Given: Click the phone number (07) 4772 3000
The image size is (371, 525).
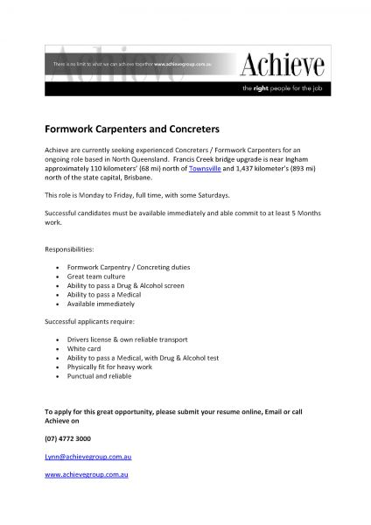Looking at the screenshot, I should tap(67, 438).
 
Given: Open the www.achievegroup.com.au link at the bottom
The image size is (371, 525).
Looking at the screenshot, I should tap(87, 474).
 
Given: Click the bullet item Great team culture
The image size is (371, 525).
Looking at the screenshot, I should tap(96, 276).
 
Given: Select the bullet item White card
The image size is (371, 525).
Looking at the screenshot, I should tap(84, 349).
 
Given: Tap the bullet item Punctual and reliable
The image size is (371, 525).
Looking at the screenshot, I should tap(98, 376).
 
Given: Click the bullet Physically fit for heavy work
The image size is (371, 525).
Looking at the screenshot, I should tap(108, 367).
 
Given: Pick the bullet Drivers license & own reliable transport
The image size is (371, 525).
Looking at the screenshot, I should tap(126, 340).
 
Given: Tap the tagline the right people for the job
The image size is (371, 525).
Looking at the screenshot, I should tap(284, 88).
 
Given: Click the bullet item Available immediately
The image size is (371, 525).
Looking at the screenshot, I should tap(101, 304).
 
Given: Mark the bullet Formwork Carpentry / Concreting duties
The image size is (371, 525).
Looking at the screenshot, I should tap(128, 267).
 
